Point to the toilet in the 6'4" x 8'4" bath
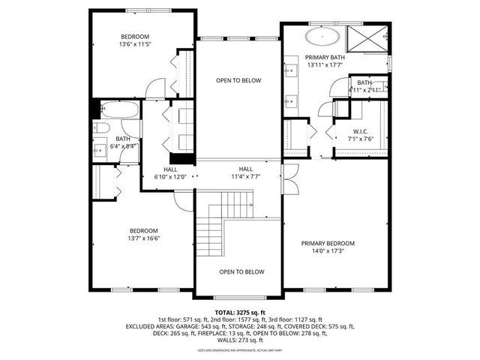[103, 127]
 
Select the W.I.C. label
[360, 131]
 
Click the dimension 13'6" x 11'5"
[136, 45]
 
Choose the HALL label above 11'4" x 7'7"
[246, 169]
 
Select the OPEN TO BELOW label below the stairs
[241, 271]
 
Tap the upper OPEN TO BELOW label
[238, 80]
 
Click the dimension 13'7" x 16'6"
[145, 238]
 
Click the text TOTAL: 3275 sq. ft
[240, 311]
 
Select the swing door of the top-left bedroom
[154, 88]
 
